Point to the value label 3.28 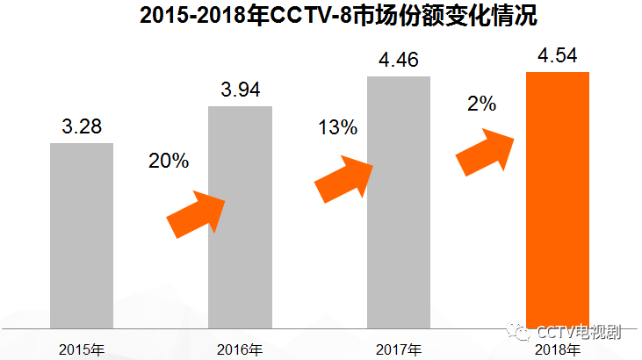(x=83, y=128)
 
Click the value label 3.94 (x=240, y=90)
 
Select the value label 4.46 (x=398, y=61)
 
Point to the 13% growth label (x=337, y=127)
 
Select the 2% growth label (x=482, y=103)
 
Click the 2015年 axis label (x=82, y=349)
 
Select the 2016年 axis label (x=240, y=349)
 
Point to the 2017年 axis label (x=398, y=349)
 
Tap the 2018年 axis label (x=557, y=349)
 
